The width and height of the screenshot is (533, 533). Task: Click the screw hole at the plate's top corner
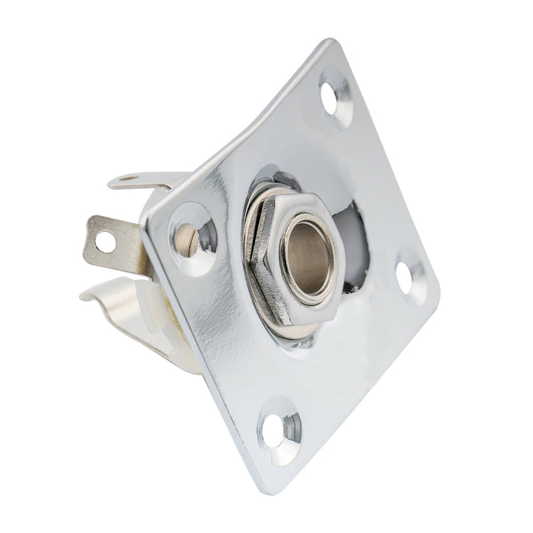tap(334, 97)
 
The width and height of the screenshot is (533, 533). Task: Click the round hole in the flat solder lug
tap(104, 242)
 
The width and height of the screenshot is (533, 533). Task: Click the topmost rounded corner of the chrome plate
tap(329, 46)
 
